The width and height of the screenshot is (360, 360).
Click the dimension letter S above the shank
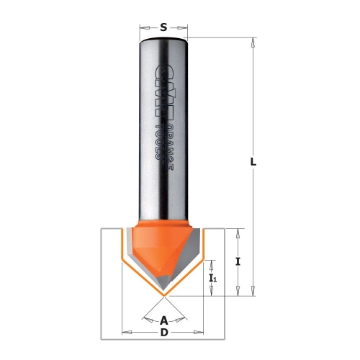pos(163,27)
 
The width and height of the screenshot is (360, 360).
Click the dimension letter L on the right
pos(253,162)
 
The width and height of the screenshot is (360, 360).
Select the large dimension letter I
pos(238,261)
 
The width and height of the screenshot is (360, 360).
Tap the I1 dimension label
pos(213,278)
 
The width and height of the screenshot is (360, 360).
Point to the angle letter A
pos(163,320)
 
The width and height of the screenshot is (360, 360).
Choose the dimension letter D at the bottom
pos(164,333)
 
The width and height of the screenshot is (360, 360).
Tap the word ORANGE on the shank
pos(170,148)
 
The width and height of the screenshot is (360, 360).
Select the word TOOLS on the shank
pos(158,142)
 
